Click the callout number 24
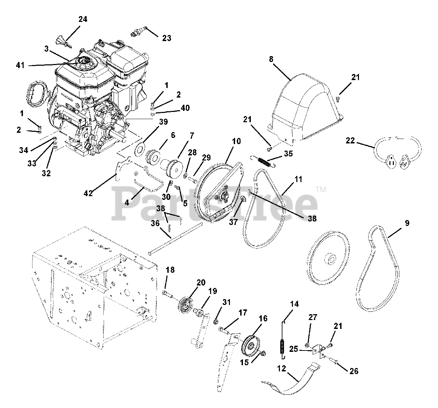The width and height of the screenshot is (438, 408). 83,19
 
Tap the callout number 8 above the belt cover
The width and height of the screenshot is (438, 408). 271,59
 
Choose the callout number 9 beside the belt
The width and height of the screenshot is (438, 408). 407,223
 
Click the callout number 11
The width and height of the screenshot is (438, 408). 298,179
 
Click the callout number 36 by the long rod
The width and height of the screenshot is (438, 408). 155,223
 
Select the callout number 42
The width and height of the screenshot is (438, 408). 88,193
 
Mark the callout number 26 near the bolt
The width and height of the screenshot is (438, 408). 354,371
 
